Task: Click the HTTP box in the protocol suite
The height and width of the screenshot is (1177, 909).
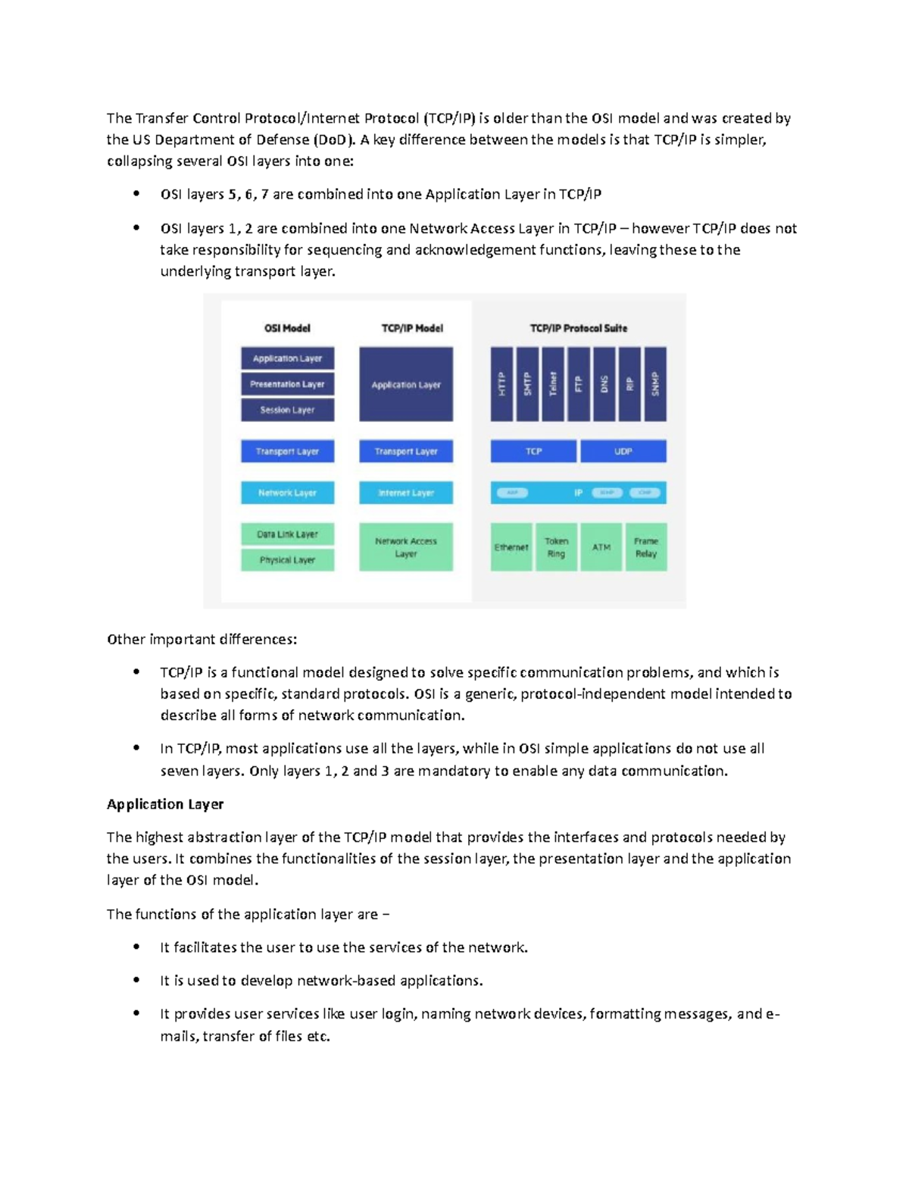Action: pos(501,383)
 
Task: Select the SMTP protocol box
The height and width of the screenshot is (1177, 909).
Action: pos(527,383)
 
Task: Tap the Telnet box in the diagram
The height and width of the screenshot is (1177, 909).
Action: pos(553,383)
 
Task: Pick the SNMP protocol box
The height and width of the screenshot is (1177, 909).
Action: pos(655,383)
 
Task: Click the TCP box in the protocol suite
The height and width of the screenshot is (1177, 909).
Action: pos(534,451)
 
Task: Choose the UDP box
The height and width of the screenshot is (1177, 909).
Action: pos(623,451)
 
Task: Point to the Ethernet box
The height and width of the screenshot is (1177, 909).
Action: pos(511,547)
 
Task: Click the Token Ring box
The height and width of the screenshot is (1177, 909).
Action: pos(556,547)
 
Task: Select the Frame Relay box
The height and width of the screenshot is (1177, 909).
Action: pos(646,547)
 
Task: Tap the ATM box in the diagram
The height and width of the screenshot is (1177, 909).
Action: pos(601,547)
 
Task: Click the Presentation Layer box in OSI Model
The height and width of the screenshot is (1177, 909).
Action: pos(287,384)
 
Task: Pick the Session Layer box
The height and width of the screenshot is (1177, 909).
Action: pos(287,410)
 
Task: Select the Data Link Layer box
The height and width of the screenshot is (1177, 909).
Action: pos(287,534)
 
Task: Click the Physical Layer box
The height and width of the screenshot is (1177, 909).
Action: pos(287,560)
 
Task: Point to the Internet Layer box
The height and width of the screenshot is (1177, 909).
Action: pos(406,493)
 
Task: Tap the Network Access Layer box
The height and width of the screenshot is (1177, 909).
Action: pos(406,547)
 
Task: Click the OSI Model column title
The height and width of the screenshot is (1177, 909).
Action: pos(287,328)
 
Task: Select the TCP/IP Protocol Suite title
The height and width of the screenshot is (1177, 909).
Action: pos(579,328)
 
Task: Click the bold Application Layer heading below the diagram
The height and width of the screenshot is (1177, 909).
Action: pos(165,804)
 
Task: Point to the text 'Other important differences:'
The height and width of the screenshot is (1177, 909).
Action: pos(202,639)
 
